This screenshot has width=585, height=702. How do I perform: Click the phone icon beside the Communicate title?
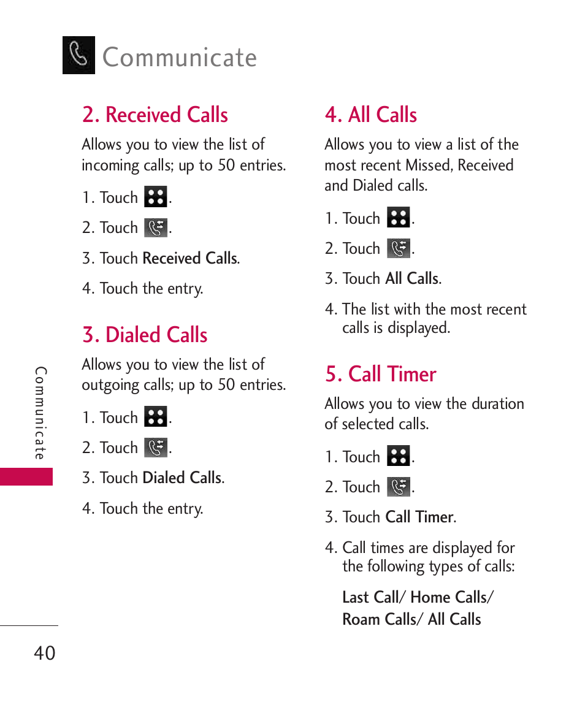(x=78, y=55)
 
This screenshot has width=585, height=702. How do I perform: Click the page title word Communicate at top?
(x=180, y=58)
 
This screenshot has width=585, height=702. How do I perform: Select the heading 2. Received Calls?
(x=155, y=115)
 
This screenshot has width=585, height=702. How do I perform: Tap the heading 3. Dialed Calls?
(x=145, y=335)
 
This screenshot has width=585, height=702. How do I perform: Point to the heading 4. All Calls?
(x=371, y=115)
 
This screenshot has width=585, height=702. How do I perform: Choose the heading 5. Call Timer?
(x=381, y=375)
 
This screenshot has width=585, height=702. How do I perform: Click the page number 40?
(x=44, y=653)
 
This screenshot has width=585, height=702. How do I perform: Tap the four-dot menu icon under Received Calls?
(x=156, y=197)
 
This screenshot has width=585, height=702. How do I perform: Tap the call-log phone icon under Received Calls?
(x=156, y=228)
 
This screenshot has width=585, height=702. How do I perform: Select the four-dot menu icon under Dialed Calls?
(x=156, y=418)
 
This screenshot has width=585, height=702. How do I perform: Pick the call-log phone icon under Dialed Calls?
(x=156, y=448)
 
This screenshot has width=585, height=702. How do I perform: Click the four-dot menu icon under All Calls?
(x=399, y=218)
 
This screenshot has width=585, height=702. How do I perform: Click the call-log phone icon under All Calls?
(x=399, y=249)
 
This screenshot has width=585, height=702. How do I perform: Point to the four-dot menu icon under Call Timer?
(x=399, y=457)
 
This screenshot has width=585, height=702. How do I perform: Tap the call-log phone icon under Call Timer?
(x=399, y=487)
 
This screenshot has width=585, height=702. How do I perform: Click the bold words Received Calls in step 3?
(x=190, y=259)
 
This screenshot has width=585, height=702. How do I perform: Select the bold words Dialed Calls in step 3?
(x=182, y=478)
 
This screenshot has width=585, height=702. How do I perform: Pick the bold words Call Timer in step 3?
(x=419, y=517)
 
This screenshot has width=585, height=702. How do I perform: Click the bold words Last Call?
(x=370, y=598)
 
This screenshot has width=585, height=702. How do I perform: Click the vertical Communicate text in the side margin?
(x=40, y=414)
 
